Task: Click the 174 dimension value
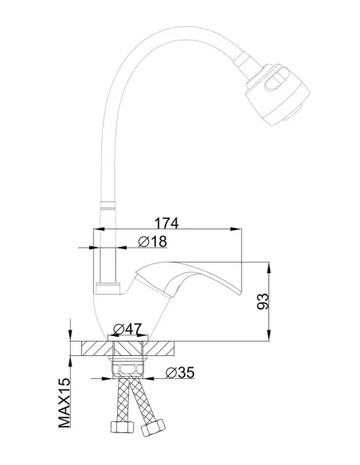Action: [167, 224]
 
